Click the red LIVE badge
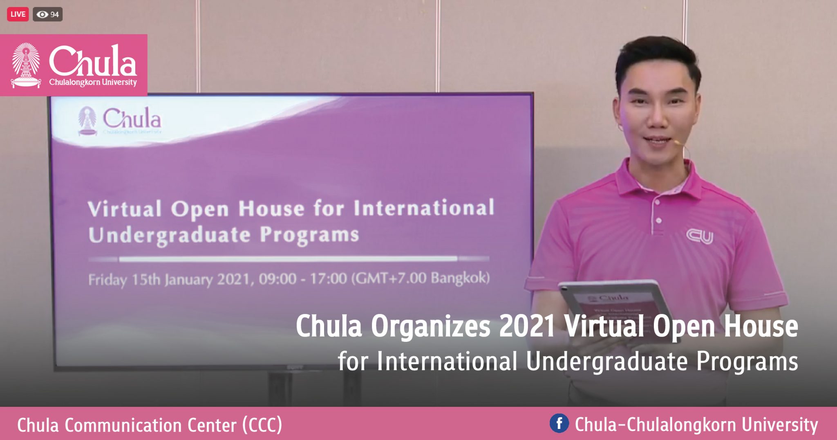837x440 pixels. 18,14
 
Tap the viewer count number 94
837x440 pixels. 55,15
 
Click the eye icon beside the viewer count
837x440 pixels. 42,15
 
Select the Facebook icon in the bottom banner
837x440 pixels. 559,423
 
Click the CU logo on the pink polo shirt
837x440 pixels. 699,236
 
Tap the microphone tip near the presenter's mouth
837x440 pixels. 676,143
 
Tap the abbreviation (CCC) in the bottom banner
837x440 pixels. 262,425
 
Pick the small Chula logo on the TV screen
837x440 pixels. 119,121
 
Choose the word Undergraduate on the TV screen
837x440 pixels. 169,236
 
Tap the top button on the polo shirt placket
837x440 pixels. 657,202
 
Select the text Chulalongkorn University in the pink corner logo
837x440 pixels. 93,82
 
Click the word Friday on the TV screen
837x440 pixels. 107,280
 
